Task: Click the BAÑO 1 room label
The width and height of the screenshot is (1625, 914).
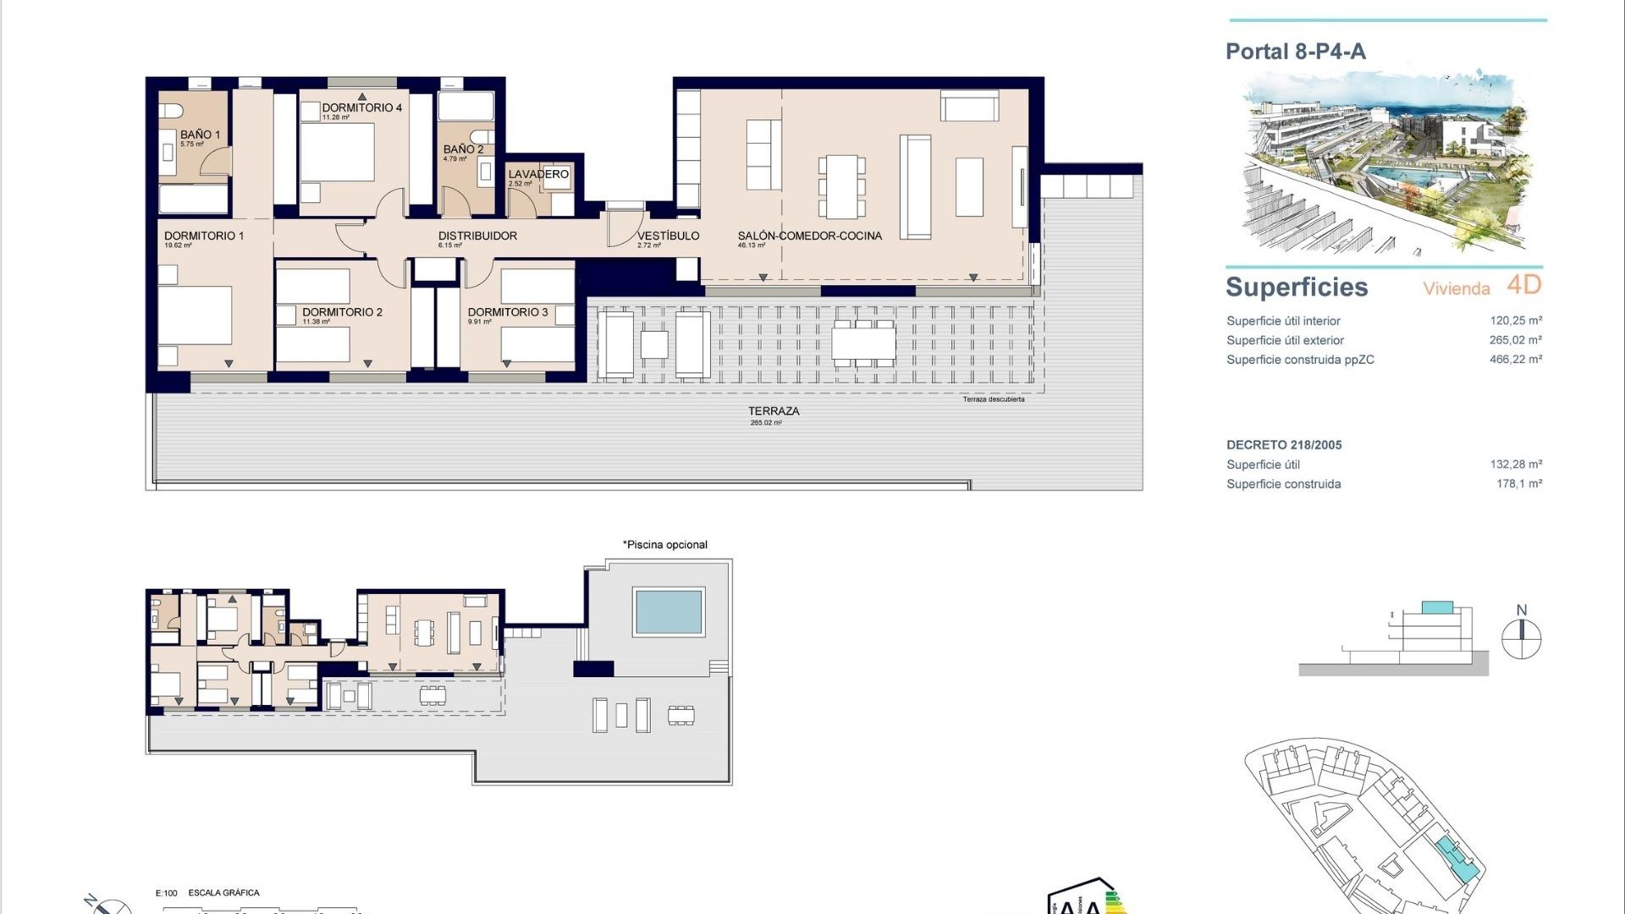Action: [200, 135]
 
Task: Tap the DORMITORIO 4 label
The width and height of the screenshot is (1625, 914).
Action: [361, 107]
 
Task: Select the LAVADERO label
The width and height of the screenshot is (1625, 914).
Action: [538, 174]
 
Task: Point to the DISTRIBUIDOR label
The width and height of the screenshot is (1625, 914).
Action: [477, 236]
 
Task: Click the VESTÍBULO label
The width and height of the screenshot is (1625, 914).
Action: [668, 236]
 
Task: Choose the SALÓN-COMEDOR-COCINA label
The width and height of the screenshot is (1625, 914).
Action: [809, 236]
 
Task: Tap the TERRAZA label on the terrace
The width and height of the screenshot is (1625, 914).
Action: [773, 411]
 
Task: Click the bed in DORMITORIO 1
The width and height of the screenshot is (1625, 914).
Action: [196, 316]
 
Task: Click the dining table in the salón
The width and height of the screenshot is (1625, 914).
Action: [841, 186]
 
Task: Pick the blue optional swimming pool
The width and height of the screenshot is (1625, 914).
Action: [669, 611]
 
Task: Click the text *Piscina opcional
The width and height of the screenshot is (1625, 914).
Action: [665, 545]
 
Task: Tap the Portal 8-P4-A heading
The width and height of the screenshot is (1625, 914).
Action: [1295, 52]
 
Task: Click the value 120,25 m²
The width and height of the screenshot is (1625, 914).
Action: [1515, 321]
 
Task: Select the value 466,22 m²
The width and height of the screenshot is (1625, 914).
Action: [1515, 360]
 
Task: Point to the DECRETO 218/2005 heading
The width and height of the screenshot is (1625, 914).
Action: [1284, 445]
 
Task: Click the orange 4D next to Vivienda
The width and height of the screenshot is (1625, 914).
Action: [1523, 285]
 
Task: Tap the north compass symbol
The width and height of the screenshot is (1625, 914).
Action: [1521, 639]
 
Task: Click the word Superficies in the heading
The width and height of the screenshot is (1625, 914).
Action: [1297, 288]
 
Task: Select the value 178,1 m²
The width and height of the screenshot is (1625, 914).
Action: [1518, 484]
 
